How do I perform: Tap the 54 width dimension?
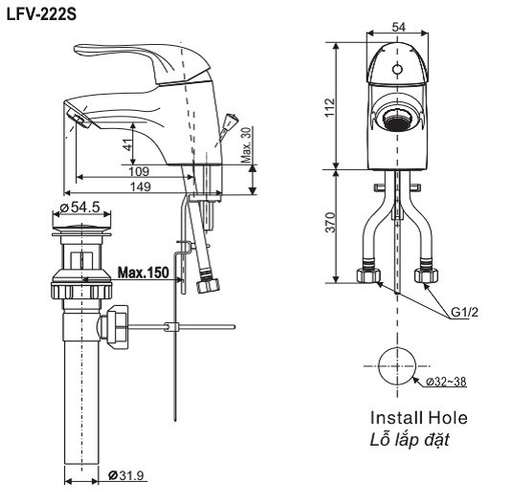point(396,27)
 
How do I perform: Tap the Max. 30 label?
point(246,143)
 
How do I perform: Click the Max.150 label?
point(144,273)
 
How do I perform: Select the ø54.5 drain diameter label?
point(79,207)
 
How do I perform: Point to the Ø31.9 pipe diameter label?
point(127,475)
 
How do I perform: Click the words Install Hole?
point(419,419)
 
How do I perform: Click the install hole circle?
point(395,366)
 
